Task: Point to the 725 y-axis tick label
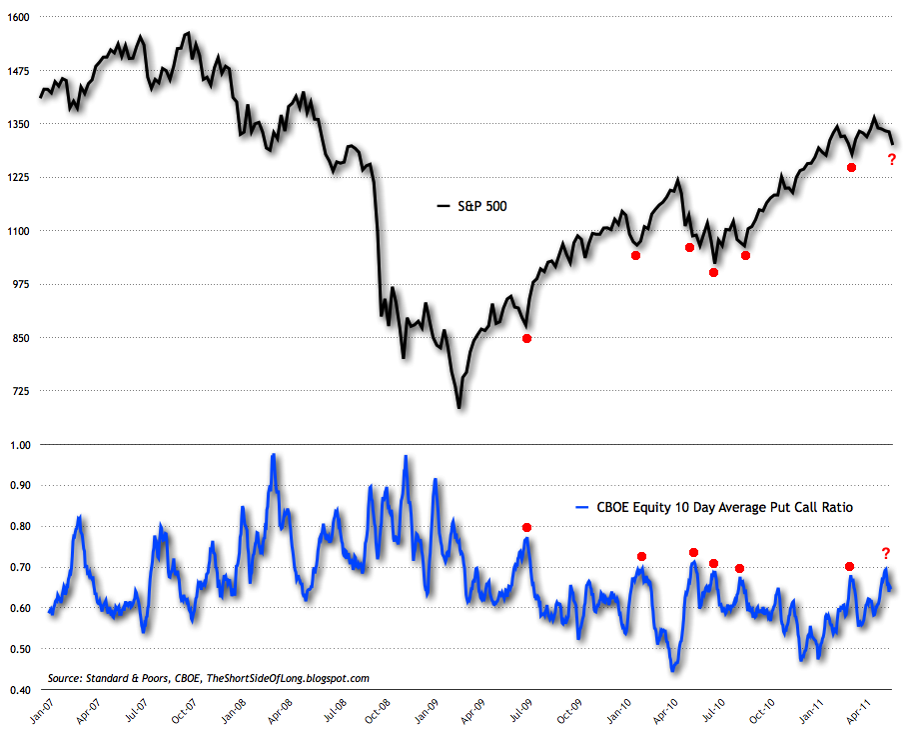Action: point(21,390)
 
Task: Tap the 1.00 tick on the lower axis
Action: point(20,444)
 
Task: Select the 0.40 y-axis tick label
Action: point(20,690)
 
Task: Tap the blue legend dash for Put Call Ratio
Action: point(587,508)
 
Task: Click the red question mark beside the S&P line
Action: point(891,159)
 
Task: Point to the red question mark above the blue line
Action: point(885,553)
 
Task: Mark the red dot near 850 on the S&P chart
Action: point(527,338)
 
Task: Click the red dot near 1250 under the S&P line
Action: point(851,167)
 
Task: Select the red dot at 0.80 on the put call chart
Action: point(527,527)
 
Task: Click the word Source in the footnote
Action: point(66,678)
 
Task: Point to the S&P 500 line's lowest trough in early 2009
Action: point(458,407)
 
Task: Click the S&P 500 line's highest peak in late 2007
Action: point(187,33)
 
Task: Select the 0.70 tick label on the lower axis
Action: point(20,567)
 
